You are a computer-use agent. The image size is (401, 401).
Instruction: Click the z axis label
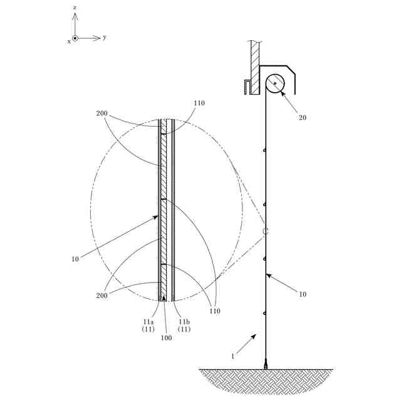pos(75,8)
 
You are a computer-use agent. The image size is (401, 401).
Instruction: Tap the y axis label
pos(105,38)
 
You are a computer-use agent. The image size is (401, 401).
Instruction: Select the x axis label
pos(69,42)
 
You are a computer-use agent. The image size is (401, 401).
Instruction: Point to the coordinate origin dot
pos(75,38)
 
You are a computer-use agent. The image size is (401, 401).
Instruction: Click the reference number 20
pos(303,118)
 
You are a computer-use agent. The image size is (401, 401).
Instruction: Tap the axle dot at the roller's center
pos(275,83)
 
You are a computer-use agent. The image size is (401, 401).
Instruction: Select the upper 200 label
pos(102,113)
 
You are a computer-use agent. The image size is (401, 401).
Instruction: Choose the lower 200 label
pos(102,295)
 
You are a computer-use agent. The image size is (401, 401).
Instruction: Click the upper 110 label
pos(199,103)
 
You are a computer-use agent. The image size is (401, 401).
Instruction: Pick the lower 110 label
pos(215,311)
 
